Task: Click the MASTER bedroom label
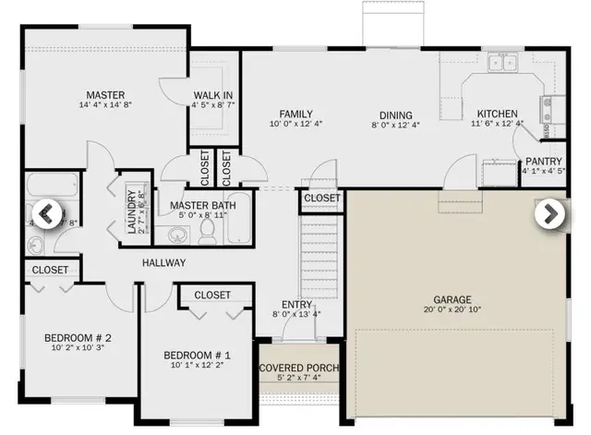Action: [105, 95]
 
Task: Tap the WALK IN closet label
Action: [213, 95]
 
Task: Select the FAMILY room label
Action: [296, 114]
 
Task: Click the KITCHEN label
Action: [496, 115]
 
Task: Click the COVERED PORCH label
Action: [299, 369]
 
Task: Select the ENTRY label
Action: [296, 303]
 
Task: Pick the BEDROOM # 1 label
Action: [197, 356]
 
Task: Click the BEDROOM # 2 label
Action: [78, 338]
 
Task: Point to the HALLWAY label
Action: [164, 263]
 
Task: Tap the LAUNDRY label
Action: [131, 211]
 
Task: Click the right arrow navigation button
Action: [550, 213]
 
